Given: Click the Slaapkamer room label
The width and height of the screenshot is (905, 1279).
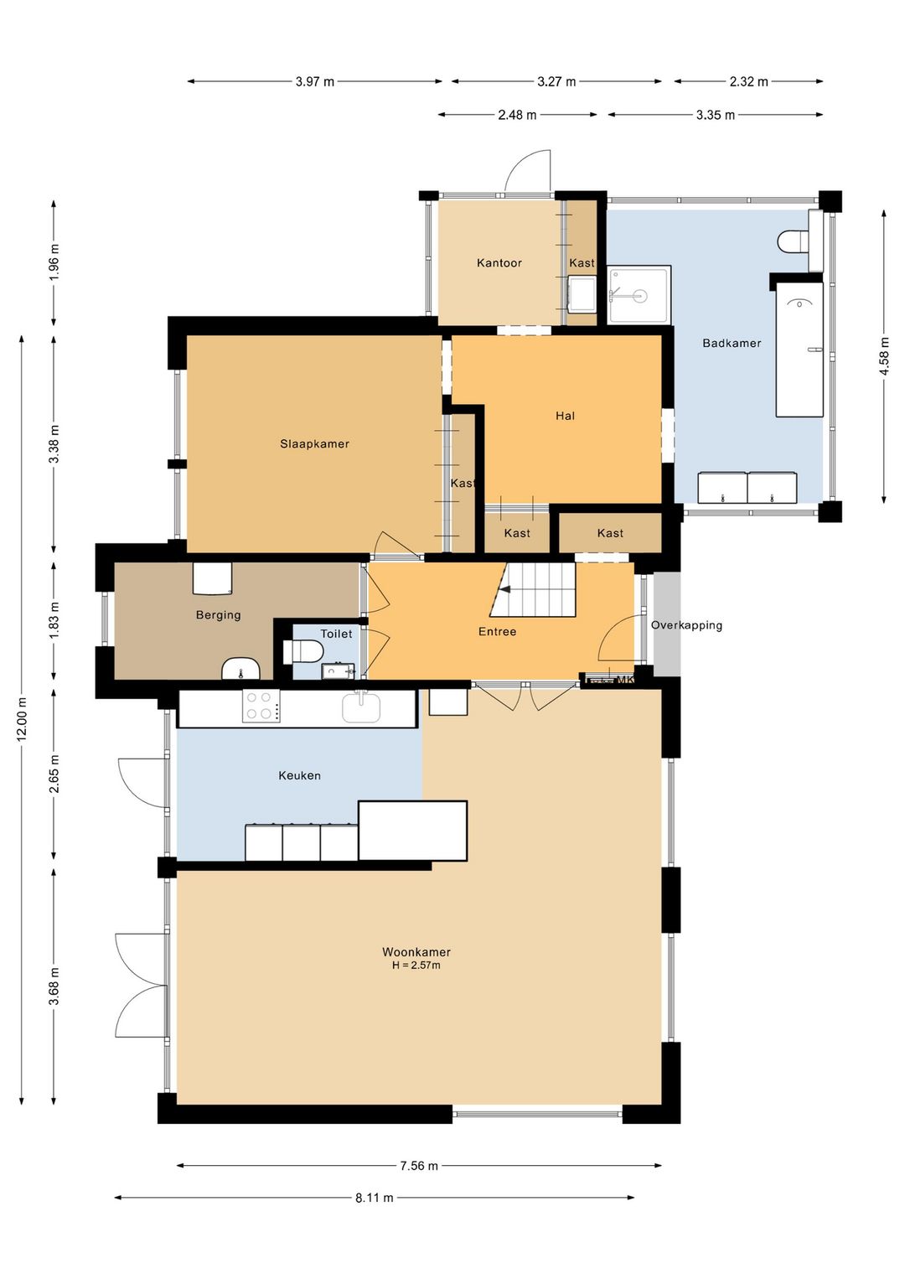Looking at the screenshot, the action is (x=314, y=443).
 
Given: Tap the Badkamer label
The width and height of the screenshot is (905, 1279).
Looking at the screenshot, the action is (x=732, y=343).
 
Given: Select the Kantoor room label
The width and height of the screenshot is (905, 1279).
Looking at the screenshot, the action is (x=499, y=262).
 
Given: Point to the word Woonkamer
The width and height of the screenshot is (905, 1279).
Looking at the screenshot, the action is (x=416, y=952).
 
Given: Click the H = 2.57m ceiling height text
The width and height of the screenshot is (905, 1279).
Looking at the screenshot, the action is (x=416, y=966).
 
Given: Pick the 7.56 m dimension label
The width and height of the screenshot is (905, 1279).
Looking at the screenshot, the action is (x=418, y=1165).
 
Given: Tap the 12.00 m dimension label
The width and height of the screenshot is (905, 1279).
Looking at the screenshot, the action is (x=23, y=719).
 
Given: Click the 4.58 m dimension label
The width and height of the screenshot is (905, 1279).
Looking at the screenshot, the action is (x=884, y=356).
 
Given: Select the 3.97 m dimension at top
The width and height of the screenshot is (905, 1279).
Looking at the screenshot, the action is (x=314, y=81).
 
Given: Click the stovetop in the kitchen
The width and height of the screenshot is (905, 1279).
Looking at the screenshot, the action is (x=261, y=707).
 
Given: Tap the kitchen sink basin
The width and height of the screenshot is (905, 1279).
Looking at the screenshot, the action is (x=361, y=707).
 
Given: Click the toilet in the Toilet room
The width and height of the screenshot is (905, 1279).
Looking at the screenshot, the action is (x=303, y=651).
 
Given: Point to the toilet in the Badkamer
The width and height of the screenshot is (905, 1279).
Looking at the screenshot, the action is (x=794, y=241).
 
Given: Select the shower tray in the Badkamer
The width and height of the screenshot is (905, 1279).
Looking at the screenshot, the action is (x=639, y=295).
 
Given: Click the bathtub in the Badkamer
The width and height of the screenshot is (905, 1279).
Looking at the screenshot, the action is (x=799, y=350).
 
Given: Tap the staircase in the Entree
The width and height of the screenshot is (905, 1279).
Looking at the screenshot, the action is (x=533, y=590).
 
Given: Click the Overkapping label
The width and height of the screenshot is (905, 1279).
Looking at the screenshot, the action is (x=686, y=625).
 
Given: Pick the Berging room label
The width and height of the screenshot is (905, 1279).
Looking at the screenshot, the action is (x=218, y=615).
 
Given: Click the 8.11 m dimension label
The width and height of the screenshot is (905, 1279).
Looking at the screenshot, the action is (x=375, y=1198).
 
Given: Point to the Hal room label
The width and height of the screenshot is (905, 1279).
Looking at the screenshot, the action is (x=566, y=416).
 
